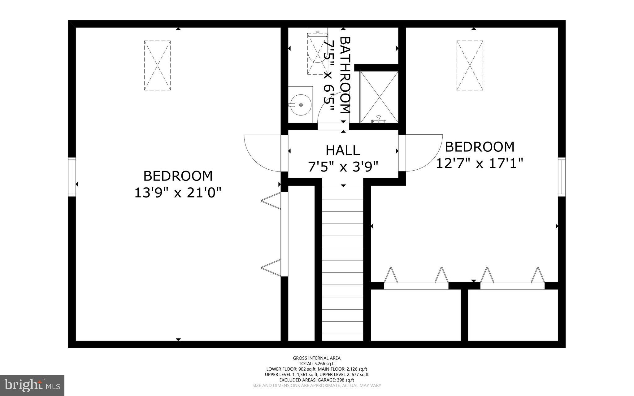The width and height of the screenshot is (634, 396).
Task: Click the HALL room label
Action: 343,151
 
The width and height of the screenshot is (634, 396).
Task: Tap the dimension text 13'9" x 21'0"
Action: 178,193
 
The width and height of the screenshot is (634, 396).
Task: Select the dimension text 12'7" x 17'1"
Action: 479,163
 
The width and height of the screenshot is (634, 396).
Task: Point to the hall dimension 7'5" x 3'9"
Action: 343,167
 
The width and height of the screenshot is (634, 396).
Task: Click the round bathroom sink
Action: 300,105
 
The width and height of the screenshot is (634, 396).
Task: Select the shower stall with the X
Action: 379,97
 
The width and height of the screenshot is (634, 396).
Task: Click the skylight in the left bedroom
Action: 157,65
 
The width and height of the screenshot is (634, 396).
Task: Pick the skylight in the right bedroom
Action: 470,65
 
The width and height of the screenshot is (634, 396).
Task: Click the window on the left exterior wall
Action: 72,177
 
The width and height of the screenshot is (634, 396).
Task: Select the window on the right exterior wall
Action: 562,177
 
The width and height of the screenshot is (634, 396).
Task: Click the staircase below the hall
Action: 342,263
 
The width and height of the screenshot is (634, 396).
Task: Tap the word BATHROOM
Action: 345,75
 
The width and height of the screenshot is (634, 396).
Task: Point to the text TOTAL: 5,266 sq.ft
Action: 317,364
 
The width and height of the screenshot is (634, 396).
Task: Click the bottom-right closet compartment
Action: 513,315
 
